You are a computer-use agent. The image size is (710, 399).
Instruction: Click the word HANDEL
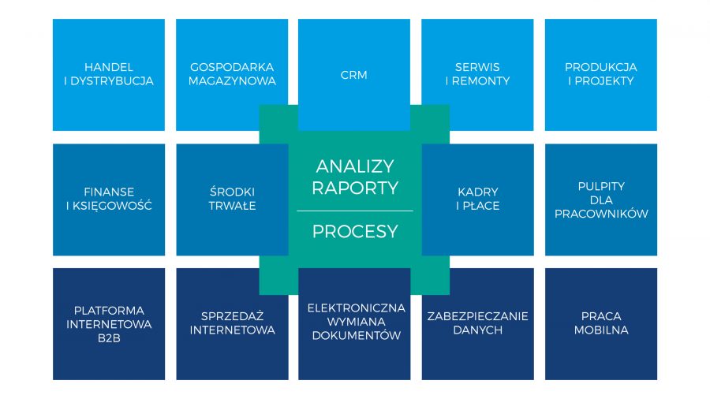[109, 67]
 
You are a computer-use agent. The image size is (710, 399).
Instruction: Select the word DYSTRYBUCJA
[112, 81]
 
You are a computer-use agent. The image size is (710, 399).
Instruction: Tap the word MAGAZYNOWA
[232, 81]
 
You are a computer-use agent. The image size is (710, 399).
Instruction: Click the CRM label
[353, 75]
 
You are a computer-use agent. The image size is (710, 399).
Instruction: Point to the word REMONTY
[481, 81]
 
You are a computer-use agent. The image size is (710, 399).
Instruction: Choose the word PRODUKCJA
[601, 67]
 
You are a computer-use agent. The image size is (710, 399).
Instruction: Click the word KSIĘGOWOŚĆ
[112, 206]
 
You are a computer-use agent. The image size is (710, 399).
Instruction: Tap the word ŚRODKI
[232, 192]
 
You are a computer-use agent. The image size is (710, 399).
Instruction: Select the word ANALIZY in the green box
[355, 166]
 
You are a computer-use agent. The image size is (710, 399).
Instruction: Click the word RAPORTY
[355, 188]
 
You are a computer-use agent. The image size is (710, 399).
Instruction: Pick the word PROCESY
[355, 232]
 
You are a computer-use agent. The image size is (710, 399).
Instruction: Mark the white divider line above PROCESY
[355, 211]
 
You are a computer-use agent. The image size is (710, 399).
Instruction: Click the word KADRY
[478, 192]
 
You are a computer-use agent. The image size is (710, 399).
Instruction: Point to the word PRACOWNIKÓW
[601, 214]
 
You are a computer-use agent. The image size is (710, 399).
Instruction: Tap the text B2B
[109, 338]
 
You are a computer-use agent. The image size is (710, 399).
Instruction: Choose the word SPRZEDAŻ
[232, 315]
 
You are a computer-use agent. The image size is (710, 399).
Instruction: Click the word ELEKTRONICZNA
[357, 308]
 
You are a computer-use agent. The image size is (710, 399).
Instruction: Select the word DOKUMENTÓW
[357, 335]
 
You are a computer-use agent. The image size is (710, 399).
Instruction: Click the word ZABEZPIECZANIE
[478, 316]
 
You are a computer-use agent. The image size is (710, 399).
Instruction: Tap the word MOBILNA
[601, 330]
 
